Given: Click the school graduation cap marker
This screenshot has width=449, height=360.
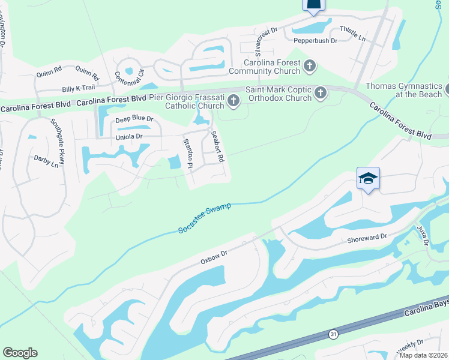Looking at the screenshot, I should [x=368, y=178].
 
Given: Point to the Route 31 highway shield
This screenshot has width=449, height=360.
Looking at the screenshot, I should [x=333, y=334].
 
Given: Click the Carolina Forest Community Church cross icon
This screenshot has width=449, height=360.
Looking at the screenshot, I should [x=310, y=65].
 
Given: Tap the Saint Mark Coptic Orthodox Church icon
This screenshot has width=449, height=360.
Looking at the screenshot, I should [x=321, y=92].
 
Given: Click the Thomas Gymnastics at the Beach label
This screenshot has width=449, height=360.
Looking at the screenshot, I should [x=403, y=91].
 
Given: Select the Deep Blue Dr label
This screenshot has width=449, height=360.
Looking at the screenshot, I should [x=134, y=119].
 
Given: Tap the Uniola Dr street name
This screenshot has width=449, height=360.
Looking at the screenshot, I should [x=128, y=137].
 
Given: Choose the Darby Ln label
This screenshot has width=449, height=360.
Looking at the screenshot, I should [x=46, y=162].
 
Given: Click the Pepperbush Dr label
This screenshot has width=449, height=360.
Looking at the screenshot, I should [x=316, y=40].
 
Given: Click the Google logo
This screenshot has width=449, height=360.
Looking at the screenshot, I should [x=20, y=352].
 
